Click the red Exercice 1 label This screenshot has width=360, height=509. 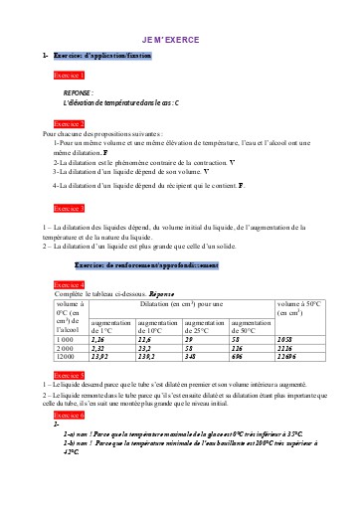(70, 76)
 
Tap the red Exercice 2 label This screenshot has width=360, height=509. (70, 123)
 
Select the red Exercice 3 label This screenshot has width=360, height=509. (70, 208)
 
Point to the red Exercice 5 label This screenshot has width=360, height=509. (70, 374)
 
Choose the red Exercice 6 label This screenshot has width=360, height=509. (70, 414)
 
